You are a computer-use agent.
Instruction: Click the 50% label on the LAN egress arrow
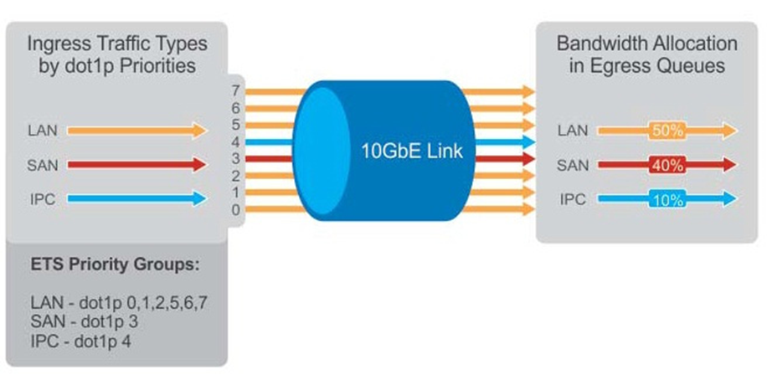pos(667,131)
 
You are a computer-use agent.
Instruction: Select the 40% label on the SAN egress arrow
pos(667,165)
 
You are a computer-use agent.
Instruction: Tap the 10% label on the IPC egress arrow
pos(667,199)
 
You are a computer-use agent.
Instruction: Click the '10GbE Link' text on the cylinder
pos(411,151)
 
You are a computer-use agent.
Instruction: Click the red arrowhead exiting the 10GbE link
pos(528,158)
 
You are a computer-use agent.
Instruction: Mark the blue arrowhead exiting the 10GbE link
pos(528,141)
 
